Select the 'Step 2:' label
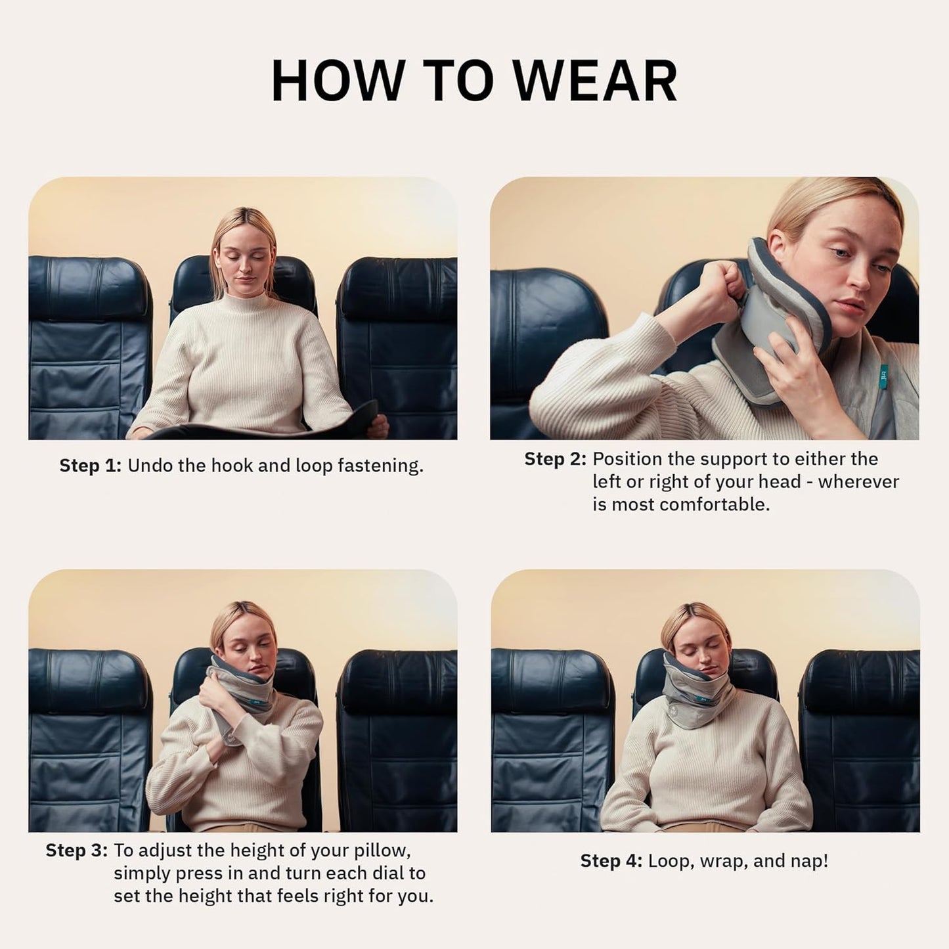(x=555, y=459)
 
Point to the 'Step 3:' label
(x=76, y=850)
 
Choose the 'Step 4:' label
(x=611, y=861)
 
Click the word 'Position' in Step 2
(x=625, y=459)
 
